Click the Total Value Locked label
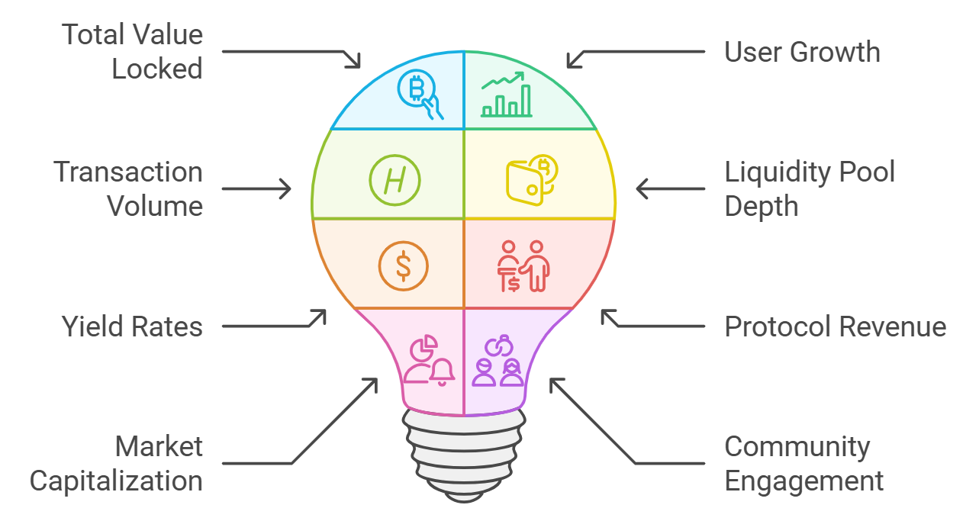point(133,52)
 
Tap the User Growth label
point(802,52)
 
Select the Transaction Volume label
point(128,188)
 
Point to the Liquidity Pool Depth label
point(809,188)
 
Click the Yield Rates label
point(132,326)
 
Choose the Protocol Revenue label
point(835,326)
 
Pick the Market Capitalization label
point(116,464)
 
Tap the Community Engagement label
point(803,464)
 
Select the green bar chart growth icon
point(506,95)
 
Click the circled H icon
point(394,180)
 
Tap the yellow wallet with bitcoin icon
point(532,180)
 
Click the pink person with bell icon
point(428,360)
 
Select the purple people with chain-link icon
point(499,360)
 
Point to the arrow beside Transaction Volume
point(256,188)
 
